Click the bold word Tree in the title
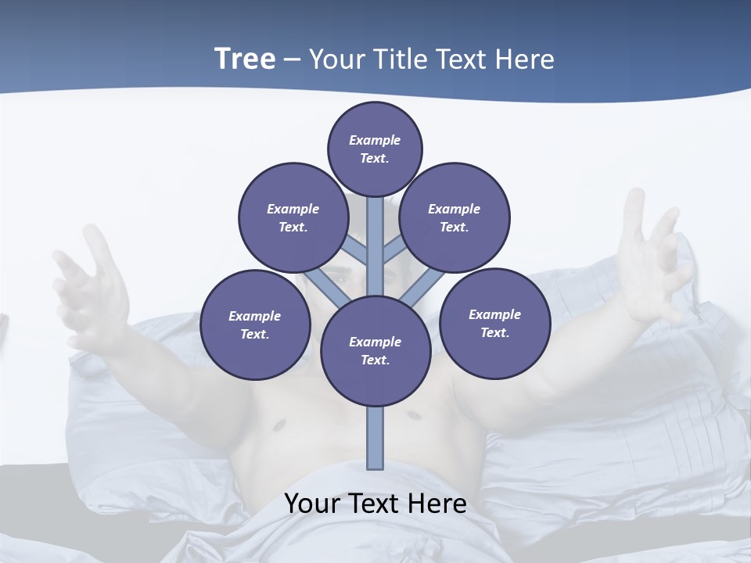pos(245,59)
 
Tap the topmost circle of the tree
pos(375,149)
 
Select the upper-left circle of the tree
pos(293,217)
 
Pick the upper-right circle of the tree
pos(455,217)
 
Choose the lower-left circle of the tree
pos(255,325)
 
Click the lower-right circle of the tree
pos(495,323)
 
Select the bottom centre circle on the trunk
pos(375,351)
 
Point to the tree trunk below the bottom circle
pos(375,438)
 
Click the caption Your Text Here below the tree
pos(375,504)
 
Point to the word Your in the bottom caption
pos(312,504)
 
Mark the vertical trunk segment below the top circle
pos(375,235)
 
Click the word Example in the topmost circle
pos(375,140)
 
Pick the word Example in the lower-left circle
pos(255,316)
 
